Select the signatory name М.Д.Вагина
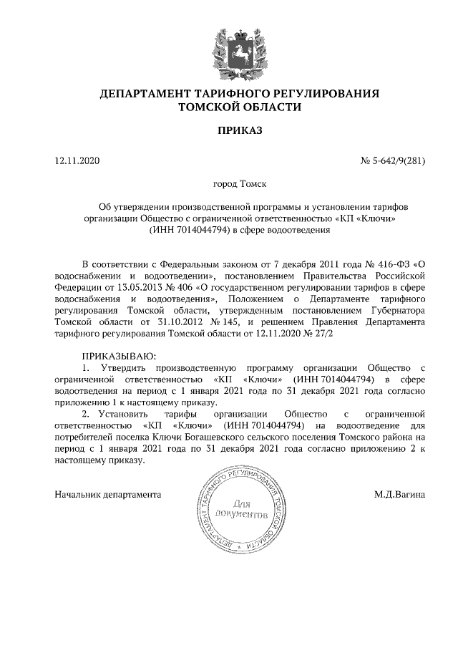(x=399, y=494)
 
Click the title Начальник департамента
(x=108, y=494)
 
